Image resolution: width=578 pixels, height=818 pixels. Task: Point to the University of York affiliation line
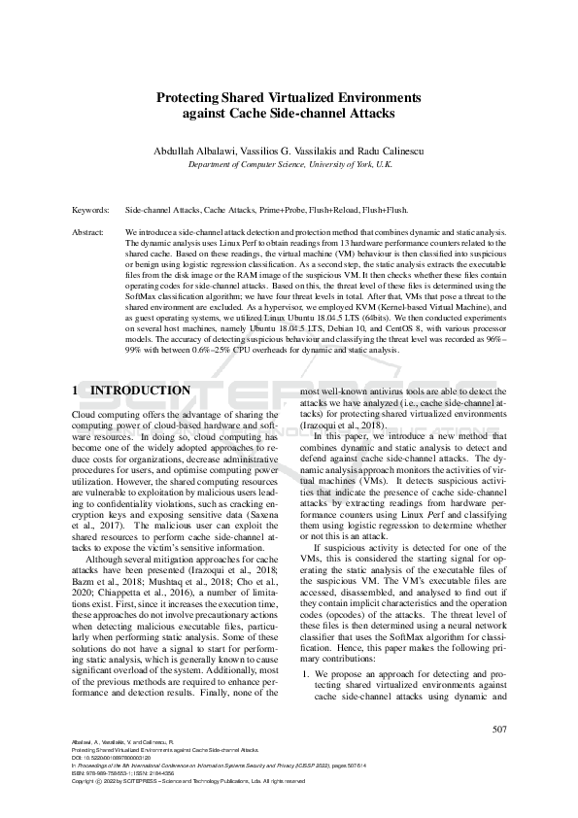[289, 165]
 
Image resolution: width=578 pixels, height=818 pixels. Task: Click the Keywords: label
[92, 210]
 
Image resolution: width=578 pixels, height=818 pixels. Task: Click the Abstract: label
[89, 234]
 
